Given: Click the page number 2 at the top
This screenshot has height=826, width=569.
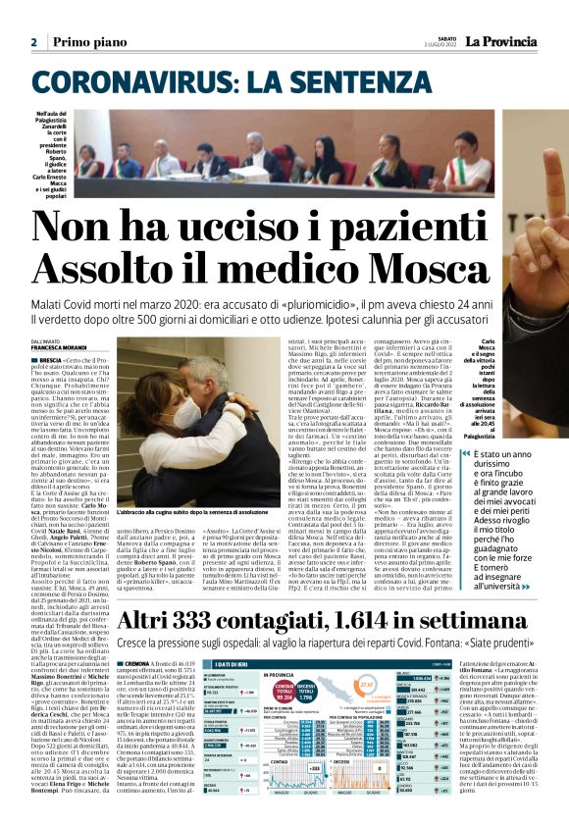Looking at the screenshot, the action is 33,43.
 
